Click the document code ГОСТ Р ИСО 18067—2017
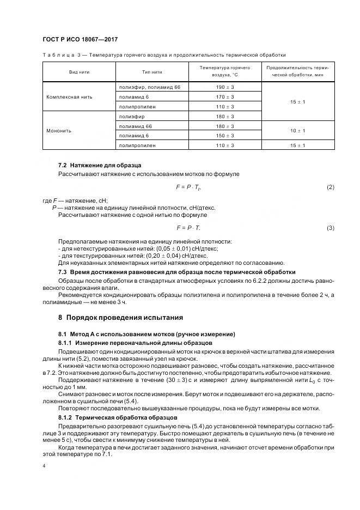[x=80, y=40]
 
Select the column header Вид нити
[x=80, y=71]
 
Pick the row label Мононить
[x=59, y=131]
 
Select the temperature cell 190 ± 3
[x=225, y=87]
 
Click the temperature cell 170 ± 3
[x=225, y=97]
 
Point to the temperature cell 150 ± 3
[x=225, y=136]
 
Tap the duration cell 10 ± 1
[x=297, y=131]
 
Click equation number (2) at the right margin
[x=330, y=187]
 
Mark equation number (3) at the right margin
[x=330, y=228]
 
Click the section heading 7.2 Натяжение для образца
[x=100, y=165]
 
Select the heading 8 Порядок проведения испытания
[x=121, y=317]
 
